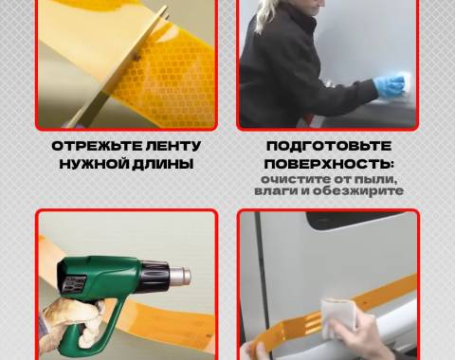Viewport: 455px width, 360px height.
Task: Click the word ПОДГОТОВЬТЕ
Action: click(329, 146)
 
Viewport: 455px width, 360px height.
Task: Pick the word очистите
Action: click(295, 179)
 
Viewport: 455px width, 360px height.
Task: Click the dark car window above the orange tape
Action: click(360, 220)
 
